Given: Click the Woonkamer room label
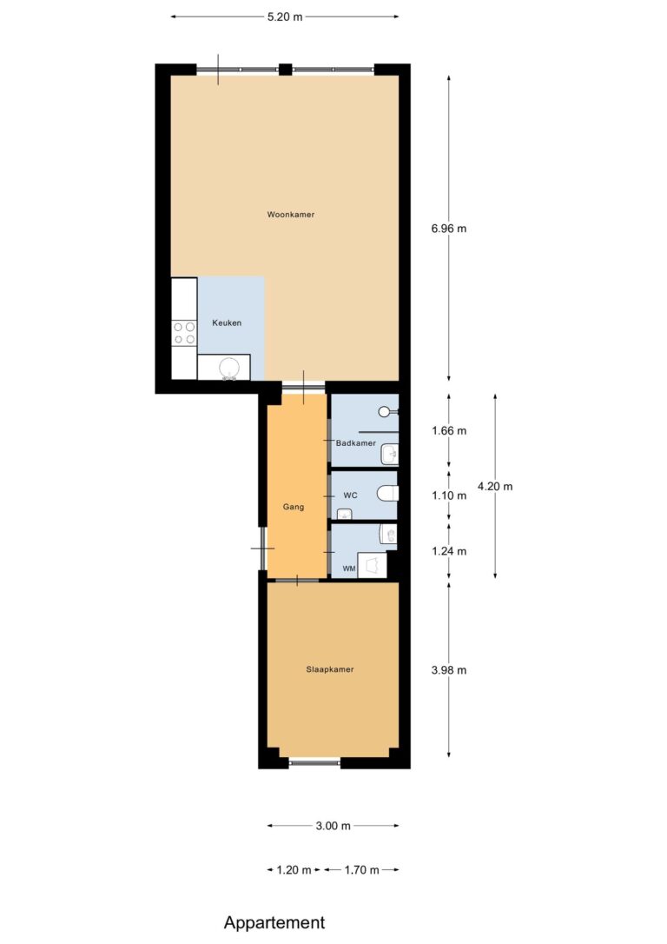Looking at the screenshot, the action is tap(290, 215).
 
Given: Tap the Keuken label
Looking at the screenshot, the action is tap(227, 322).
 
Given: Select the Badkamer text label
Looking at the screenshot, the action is tap(355, 443).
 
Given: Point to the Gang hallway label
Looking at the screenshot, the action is tap(294, 507).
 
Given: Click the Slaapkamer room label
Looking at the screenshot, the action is tap(329, 669).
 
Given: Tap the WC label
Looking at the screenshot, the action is tap(350, 495).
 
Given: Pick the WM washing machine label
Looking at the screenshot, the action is tap(349, 568).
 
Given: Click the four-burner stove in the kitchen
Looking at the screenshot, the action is tap(184, 333).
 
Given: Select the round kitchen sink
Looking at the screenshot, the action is tap(229, 368).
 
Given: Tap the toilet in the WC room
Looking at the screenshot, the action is tap(387, 495).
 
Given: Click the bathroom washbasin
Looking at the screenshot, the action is tap(389, 454).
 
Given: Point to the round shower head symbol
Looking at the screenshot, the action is tap(385, 412).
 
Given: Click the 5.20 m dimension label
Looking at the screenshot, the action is tap(285, 17).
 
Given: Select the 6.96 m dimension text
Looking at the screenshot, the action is tap(449, 229).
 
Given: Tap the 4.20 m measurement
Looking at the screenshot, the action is tap(495, 487).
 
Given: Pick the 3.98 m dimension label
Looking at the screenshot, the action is tap(449, 670).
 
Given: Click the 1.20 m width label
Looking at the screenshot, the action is tap(294, 870).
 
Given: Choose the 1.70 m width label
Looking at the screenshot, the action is tap(361, 870).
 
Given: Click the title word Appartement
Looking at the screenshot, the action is tap(274, 922).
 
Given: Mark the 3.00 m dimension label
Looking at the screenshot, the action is tap(333, 826).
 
